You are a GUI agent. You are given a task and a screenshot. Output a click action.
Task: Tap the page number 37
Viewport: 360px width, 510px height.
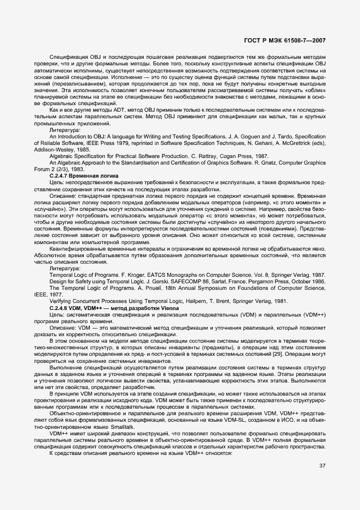click(x=322, y=465)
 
